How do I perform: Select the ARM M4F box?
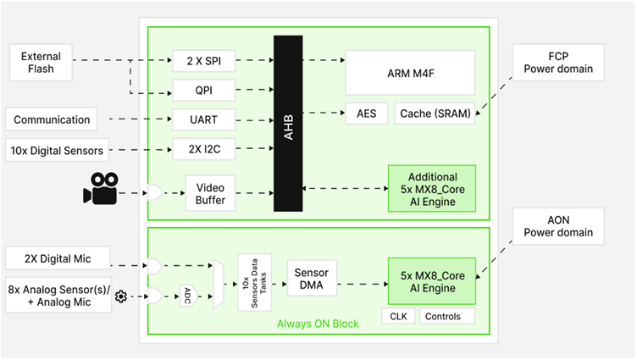(409, 71)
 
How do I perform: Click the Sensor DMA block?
(311, 279)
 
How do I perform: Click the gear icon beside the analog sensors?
(121, 296)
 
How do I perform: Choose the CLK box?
(397, 317)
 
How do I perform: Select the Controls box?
(445, 317)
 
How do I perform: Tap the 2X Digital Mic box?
(58, 258)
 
